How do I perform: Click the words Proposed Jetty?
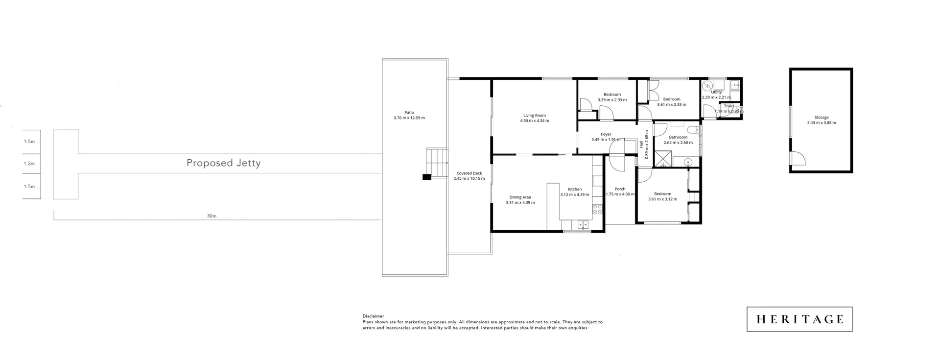223,163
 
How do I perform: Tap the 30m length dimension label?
211,216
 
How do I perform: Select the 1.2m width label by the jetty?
29,164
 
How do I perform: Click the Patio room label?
409,113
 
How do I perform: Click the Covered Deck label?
469,173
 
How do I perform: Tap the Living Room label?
534,116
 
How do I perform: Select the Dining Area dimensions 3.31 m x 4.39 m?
520,202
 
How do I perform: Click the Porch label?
620,189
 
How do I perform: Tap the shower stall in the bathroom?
663,159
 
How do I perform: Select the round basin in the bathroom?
688,161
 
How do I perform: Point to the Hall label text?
641,144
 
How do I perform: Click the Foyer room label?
606,134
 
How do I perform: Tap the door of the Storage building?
797,158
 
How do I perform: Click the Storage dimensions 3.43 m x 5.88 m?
822,123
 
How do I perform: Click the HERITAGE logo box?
799,319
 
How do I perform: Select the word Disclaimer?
373,316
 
